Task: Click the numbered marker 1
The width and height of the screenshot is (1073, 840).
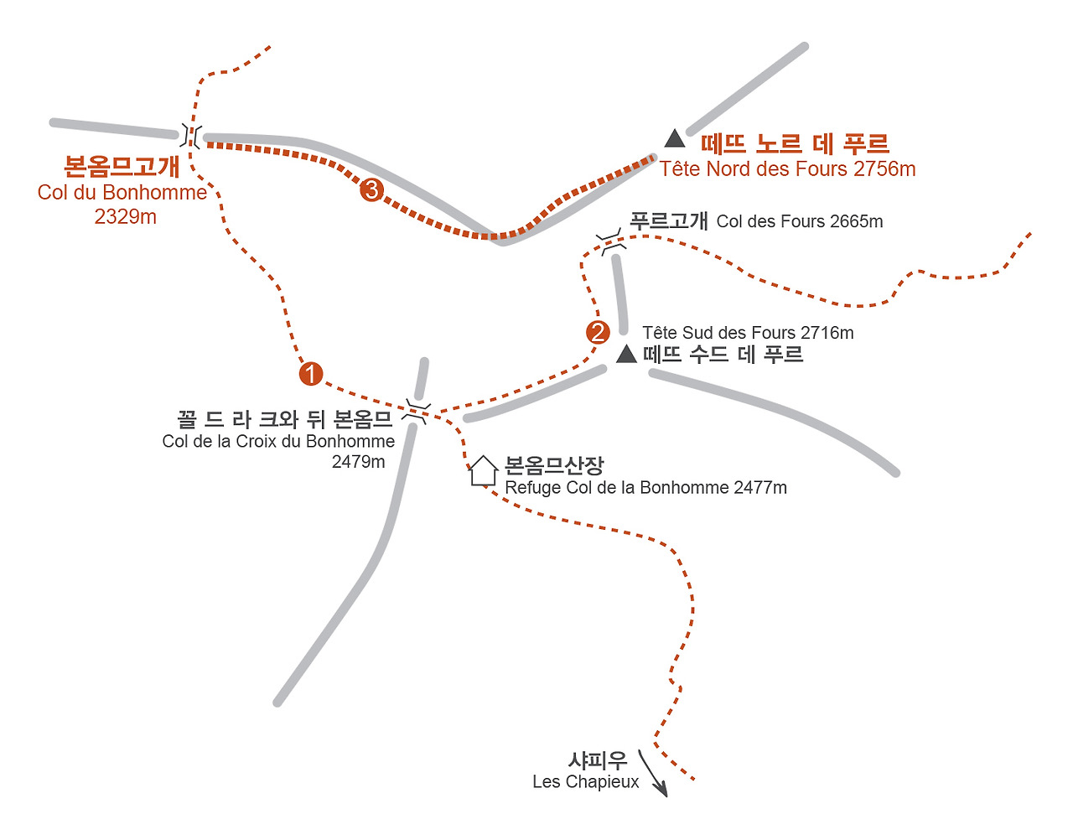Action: [x=311, y=374]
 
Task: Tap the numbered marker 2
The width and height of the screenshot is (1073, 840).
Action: [x=598, y=333]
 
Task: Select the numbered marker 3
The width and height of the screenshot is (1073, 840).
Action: [x=371, y=190]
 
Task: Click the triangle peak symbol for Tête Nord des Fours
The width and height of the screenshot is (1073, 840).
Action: [x=675, y=138]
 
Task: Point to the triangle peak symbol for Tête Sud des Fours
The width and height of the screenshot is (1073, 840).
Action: [x=626, y=355]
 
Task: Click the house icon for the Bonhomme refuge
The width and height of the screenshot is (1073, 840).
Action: [x=483, y=470]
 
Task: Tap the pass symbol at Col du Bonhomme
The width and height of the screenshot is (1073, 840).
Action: [x=191, y=135]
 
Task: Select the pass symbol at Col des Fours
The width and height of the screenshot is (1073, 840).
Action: [x=609, y=244]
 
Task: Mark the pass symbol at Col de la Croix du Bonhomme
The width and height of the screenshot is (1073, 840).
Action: [x=415, y=412]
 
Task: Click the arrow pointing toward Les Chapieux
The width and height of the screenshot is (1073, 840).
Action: [x=653, y=773]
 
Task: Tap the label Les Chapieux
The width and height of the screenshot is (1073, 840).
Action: [x=585, y=782]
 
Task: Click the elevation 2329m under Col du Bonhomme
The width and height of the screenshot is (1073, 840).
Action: [x=126, y=217]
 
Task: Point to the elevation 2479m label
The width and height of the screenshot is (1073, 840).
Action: [x=358, y=462]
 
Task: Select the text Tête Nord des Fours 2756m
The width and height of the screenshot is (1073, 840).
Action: [x=787, y=169]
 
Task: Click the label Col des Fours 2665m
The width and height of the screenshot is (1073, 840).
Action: [x=800, y=221]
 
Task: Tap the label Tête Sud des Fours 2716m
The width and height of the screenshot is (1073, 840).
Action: [x=748, y=333]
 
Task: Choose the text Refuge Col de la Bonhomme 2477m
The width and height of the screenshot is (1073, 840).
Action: [x=645, y=488]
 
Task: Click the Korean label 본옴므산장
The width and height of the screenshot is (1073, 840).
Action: [x=554, y=465]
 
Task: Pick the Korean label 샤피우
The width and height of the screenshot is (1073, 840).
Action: [x=598, y=760]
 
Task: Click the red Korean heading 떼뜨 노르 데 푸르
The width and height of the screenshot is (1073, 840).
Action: [x=795, y=143]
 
